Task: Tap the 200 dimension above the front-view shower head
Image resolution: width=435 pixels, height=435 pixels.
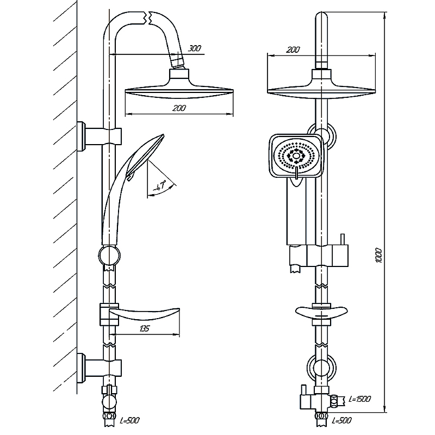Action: (293, 49)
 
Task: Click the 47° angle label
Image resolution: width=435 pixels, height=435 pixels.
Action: (160, 187)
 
